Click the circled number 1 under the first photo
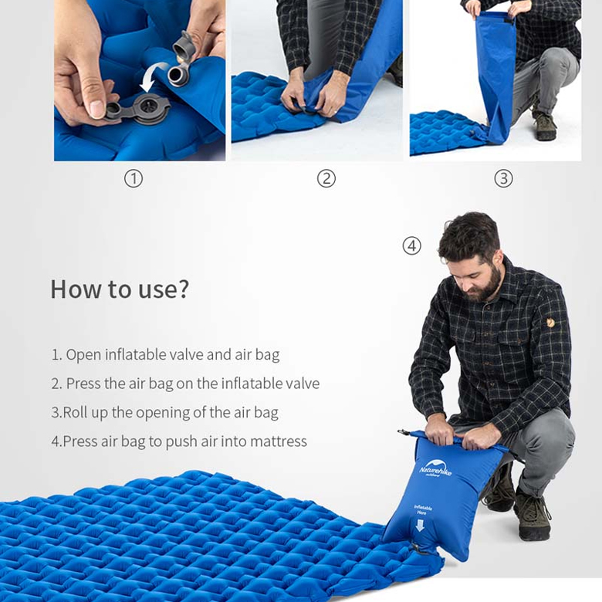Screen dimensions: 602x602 (134, 179)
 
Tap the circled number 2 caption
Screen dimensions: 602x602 (326, 179)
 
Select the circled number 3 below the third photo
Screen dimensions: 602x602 (503, 179)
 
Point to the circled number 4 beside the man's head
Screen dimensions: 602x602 (412, 246)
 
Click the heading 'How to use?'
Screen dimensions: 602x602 (120, 289)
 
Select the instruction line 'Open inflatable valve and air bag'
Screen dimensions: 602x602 (165, 355)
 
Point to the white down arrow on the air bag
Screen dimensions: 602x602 (420, 526)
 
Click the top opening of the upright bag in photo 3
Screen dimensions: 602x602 (489, 15)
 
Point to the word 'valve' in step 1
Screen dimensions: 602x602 (186, 355)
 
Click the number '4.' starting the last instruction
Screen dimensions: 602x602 (56, 441)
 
